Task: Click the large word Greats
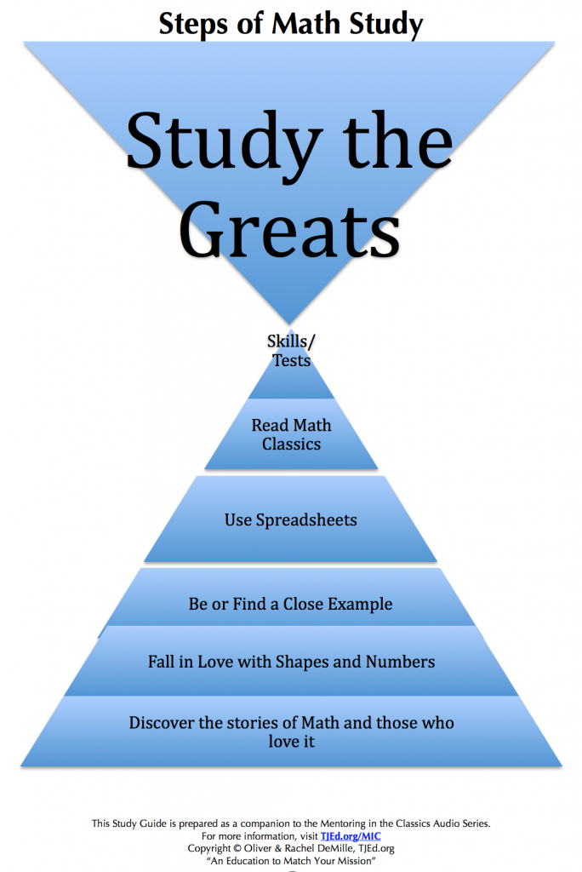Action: point(289,229)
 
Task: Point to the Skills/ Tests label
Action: point(291,350)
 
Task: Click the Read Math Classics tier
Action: point(291,434)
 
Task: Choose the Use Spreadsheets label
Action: point(291,520)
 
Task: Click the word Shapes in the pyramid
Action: point(304,662)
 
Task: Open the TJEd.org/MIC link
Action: point(351,836)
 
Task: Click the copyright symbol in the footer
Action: point(237,849)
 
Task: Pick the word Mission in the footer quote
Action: point(355,861)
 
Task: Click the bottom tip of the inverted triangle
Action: point(289,324)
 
